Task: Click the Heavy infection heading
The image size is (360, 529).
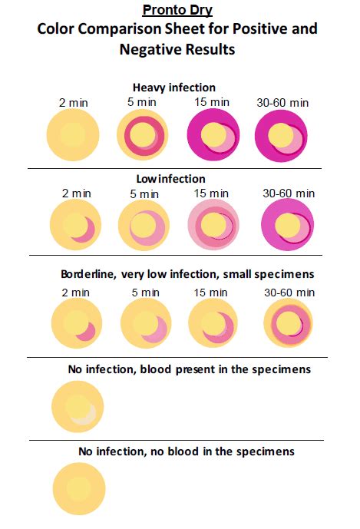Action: [x=173, y=88]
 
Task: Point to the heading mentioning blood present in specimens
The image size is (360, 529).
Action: [x=189, y=369]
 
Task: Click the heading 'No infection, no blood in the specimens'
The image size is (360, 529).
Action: [x=187, y=451]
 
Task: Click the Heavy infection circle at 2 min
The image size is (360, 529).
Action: [x=73, y=135]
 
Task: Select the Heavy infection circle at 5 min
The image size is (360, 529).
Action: [x=143, y=136]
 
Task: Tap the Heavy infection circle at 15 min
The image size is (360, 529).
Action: [x=213, y=136]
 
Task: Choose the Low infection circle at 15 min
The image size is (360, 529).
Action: [x=215, y=226]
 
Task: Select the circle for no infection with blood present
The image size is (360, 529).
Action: [x=78, y=408]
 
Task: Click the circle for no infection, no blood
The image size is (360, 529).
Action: [x=78, y=489]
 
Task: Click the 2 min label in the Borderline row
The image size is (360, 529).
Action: [x=75, y=292]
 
